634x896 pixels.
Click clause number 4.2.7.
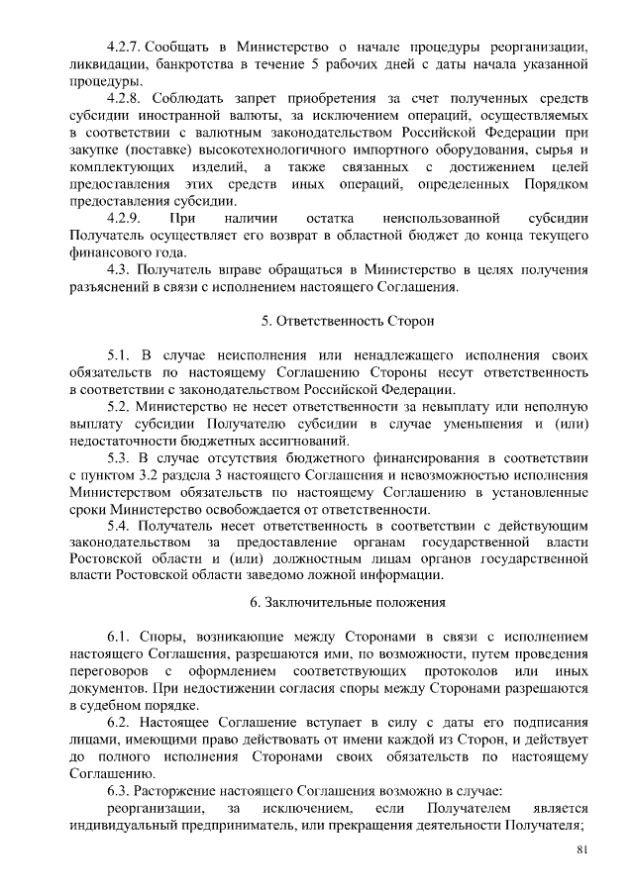(127, 48)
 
